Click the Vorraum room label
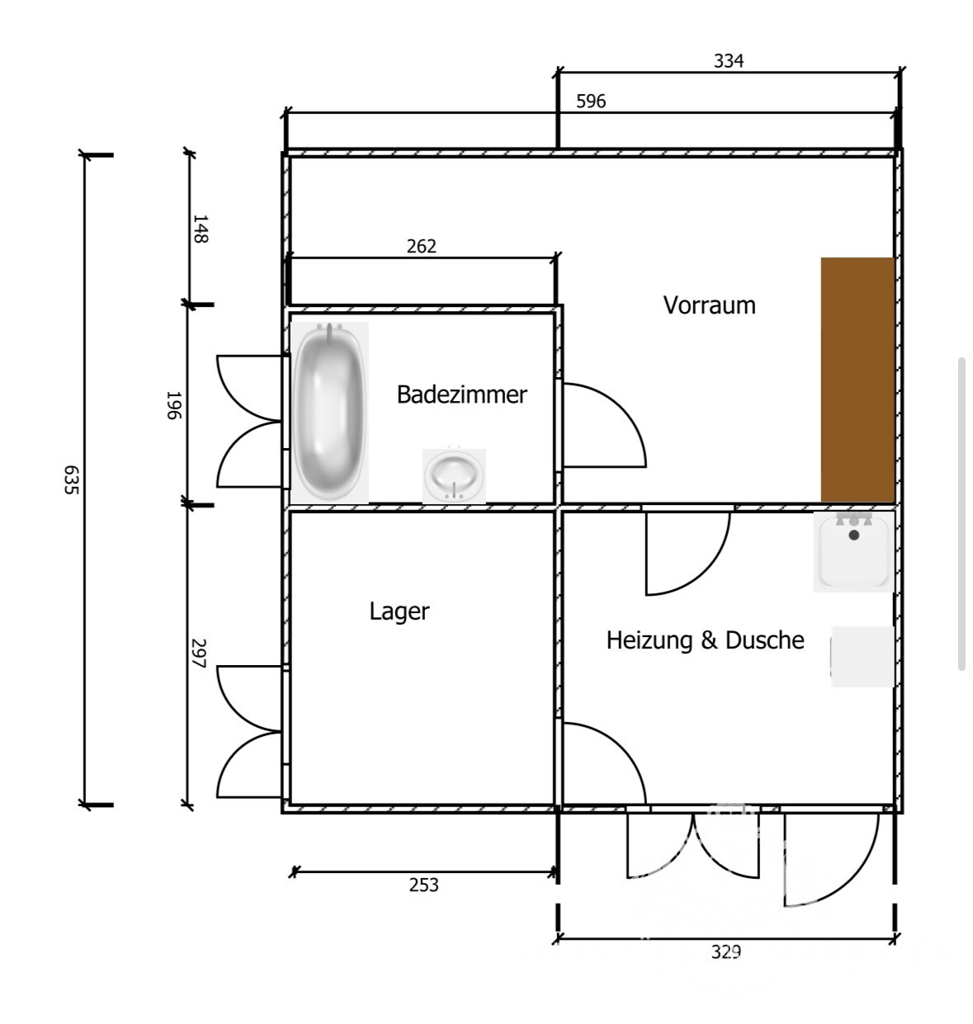(709, 305)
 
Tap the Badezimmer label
(461, 394)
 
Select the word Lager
(399, 611)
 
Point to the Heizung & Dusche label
(705, 640)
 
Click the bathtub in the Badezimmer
(329, 411)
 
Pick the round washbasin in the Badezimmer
(453, 475)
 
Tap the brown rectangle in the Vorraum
(857, 380)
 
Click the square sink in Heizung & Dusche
(853, 551)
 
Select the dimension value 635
(71, 480)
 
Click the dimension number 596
(591, 101)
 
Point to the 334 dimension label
(729, 61)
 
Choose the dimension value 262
(421, 246)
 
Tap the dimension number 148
(200, 229)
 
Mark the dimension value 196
(173, 405)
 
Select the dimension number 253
(423, 885)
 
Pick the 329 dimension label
(726, 952)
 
